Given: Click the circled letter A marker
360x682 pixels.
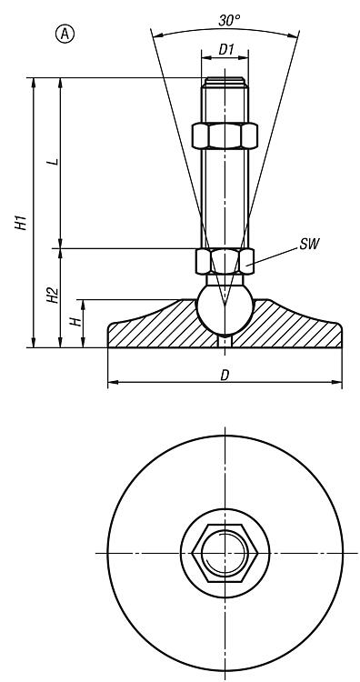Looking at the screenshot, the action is pos(65,35).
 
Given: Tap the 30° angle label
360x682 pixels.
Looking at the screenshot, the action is pos(229,20).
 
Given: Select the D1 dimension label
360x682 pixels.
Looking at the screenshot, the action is pos(226,50).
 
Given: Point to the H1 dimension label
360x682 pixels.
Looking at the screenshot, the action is pos(20,222).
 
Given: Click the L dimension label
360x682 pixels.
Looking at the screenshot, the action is pos(53,162).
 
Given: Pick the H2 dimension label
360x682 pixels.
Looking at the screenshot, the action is pos(53,296).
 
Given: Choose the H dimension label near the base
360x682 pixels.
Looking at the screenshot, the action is pos(76,322).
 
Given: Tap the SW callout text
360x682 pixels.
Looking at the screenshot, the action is pos(309,245).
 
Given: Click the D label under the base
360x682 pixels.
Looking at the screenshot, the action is pos(225,376).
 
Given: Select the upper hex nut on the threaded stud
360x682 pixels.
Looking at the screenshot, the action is pos(225,135).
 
